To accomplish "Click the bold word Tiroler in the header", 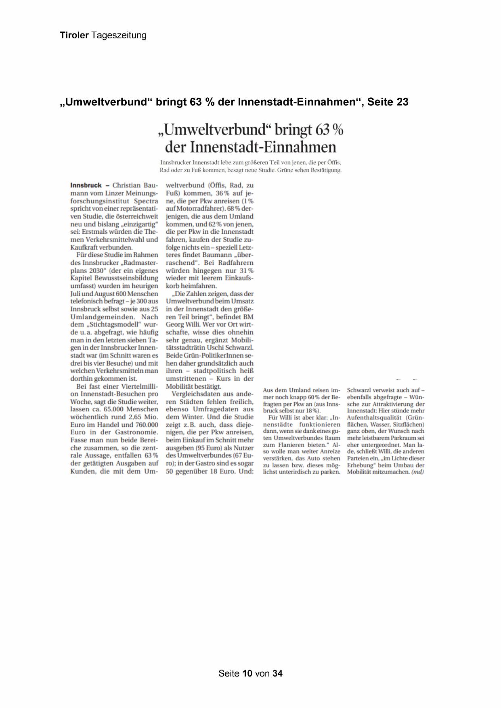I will click(74, 36).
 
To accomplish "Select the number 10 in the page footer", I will click(247, 673).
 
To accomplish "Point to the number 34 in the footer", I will click(277, 673).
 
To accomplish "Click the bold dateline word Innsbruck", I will click(86, 185).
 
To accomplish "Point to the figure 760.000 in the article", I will click(145, 425).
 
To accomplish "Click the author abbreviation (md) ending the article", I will click(417, 472).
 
